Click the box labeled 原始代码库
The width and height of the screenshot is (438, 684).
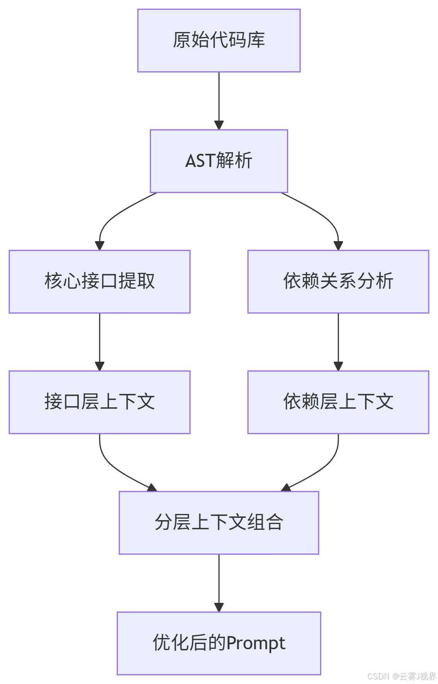point(219,41)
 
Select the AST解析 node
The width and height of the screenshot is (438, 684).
point(219,161)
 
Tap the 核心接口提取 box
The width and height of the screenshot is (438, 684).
point(100,281)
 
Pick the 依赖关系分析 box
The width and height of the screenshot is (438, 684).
point(338,281)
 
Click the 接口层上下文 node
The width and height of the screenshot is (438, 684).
point(100,402)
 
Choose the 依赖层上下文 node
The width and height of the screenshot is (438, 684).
point(338,402)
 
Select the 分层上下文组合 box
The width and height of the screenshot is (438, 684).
point(219,522)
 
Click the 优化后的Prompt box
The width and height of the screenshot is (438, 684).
point(219,643)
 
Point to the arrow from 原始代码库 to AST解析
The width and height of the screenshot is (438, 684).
point(219,100)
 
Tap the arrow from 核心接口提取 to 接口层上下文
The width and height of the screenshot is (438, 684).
point(100,342)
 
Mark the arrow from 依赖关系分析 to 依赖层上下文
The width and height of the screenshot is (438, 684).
point(338,342)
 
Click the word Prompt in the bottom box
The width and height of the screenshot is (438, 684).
point(256,643)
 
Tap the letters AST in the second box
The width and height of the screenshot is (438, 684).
point(200,161)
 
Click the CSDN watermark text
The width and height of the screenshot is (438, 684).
point(377,676)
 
